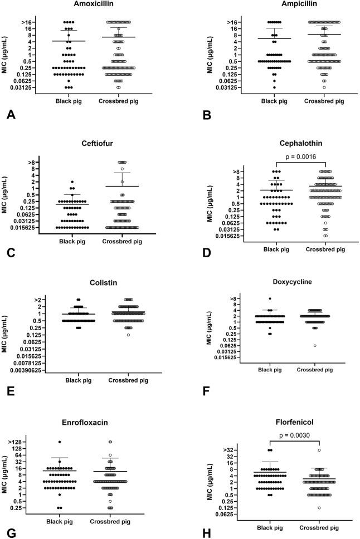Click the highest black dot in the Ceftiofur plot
click(72, 182)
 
